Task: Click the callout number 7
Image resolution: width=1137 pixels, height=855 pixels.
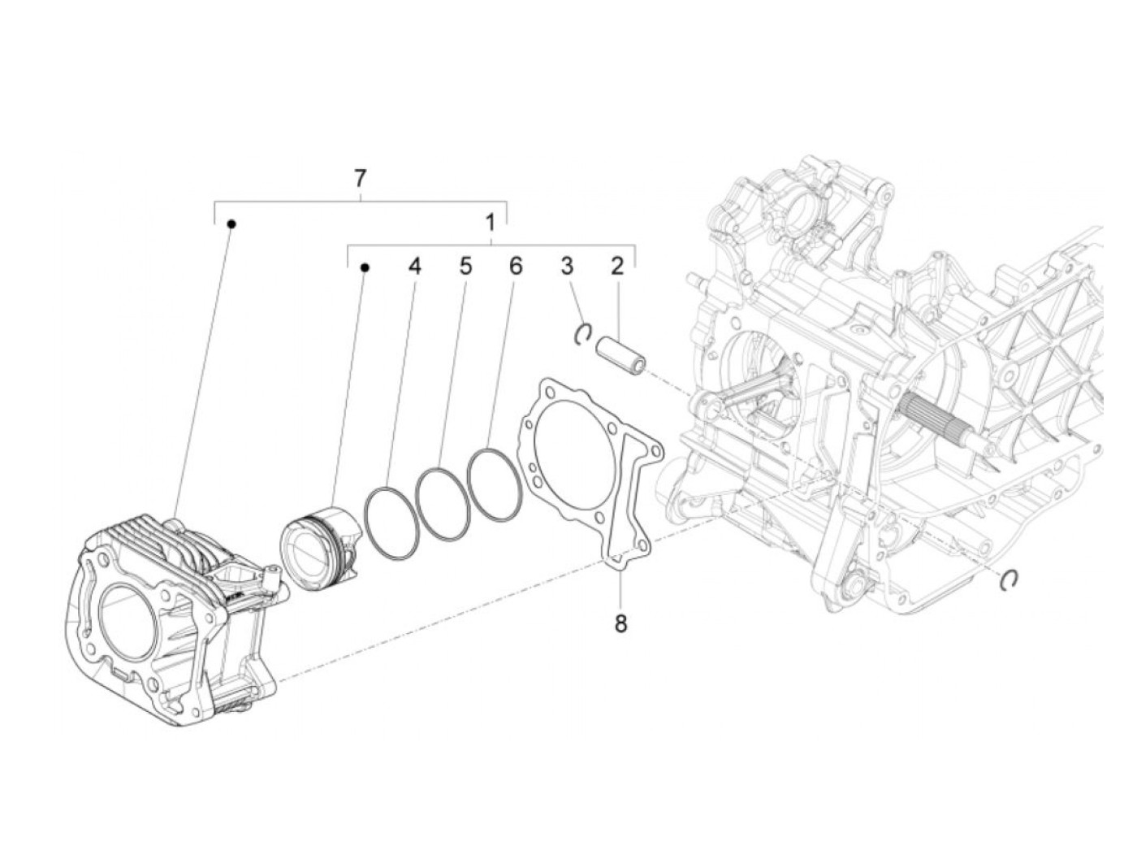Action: [x=360, y=178]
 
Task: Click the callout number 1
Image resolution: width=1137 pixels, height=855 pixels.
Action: [x=490, y=222]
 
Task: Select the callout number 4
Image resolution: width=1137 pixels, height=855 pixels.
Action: [x=415, y=266]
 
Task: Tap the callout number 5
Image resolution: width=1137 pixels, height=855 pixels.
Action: [x=465, y=266]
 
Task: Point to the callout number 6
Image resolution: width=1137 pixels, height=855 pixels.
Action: [x=515, y=266]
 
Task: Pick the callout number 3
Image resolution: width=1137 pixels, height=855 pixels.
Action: [x=567, y=266]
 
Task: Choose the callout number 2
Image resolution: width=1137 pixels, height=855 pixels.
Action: [x=617, y=266]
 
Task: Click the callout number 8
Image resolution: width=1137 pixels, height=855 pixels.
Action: [x=620, y=624]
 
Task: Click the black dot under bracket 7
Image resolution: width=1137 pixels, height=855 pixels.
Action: [x=231, y=223]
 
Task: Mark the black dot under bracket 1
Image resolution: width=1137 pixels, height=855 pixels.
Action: [x=365, y=267]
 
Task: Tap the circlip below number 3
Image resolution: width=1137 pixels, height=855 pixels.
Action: [x=582, y=333]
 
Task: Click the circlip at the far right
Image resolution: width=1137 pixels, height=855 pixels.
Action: [x=1009, y=578]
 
